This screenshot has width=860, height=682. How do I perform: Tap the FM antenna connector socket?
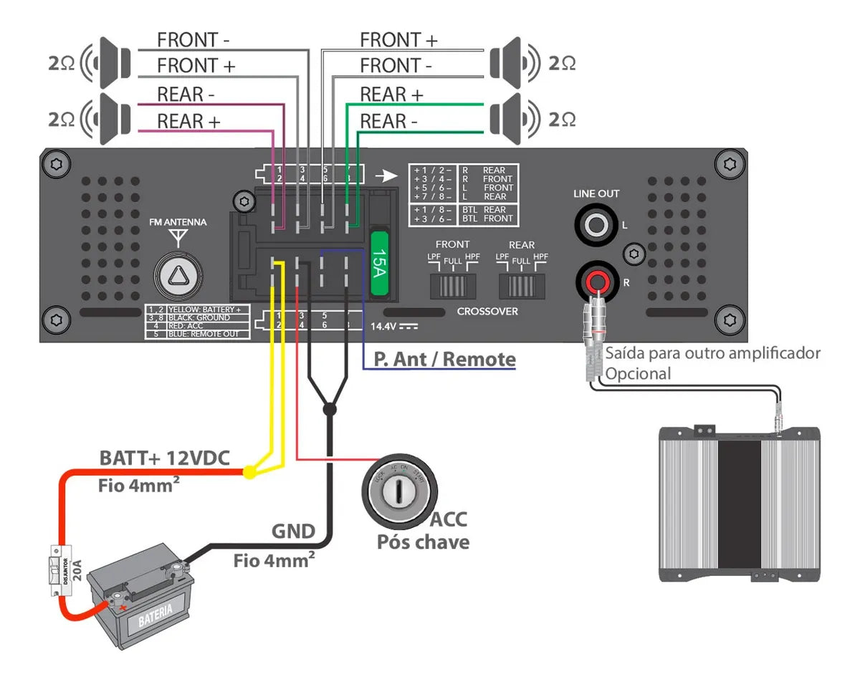(x=176, y=274)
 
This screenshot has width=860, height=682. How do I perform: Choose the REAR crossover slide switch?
(x=522, y=285)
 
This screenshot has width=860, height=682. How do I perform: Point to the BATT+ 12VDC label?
(x=164, y=458)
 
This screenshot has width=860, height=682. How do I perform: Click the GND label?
(x=292, y=531)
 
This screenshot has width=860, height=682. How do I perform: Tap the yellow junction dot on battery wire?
(x=249, y=472)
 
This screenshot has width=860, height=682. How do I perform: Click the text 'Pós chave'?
(x=423, y=542)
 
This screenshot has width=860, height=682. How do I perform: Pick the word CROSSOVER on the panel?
(x=487, y=312)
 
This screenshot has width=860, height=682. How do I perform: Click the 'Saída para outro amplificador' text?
(x=712, y=353)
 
